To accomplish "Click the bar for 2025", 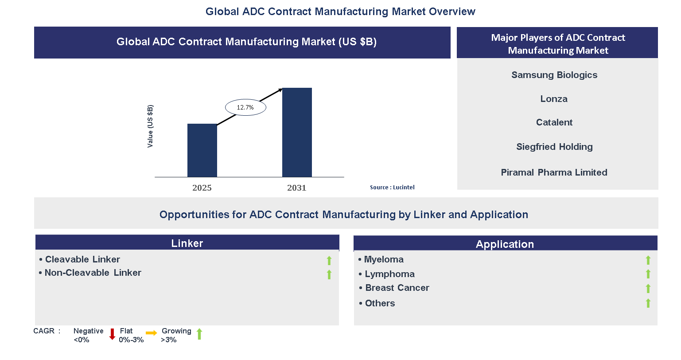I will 202,150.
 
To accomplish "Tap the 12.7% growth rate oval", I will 245,107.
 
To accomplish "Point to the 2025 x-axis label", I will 202,188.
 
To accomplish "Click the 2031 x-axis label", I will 297,188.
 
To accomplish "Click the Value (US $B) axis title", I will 150,126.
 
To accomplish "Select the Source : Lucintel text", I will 392,188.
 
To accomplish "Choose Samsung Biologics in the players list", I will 554,75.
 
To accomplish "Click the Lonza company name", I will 554,99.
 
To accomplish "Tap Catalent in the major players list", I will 554,122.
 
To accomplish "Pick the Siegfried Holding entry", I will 554,147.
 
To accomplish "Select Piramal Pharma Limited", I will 554,172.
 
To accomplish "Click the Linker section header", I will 187,243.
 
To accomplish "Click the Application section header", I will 505,244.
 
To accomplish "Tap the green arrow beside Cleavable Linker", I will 329,261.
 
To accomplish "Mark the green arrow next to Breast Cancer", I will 648,289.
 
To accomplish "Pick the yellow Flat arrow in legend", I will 152,333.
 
